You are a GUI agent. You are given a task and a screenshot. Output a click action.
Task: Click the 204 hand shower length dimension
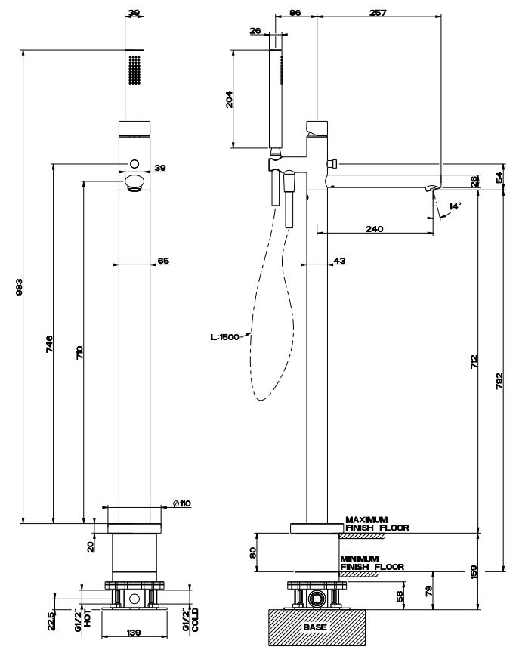pos(229,100)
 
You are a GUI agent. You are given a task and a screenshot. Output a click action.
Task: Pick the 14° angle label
pos(454,206)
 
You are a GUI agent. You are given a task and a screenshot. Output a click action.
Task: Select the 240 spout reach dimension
pos(374,228)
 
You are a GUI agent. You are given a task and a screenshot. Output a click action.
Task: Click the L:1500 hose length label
pos(225,338)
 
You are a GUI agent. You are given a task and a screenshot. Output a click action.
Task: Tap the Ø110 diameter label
pos(181,503)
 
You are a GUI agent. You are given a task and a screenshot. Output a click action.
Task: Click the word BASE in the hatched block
pos(315,627)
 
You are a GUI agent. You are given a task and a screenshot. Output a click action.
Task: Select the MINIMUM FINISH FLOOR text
pos(371,562)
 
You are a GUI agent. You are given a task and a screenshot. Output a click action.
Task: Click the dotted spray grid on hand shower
pos(134,72)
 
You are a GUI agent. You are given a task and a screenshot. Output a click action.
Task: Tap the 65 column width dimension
pos(162,261)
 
